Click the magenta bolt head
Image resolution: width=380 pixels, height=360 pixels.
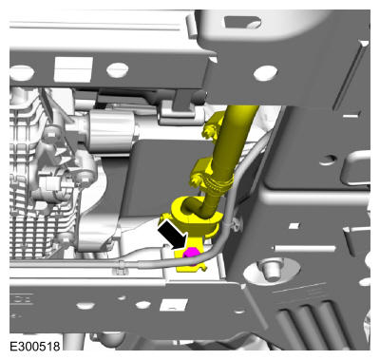190,255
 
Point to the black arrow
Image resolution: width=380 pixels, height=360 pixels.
173,235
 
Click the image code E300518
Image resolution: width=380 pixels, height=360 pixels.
35,346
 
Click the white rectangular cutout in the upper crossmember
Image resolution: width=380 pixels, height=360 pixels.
73,69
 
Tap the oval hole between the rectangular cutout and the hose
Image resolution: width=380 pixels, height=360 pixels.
118,70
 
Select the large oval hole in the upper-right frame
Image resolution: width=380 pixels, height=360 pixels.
265,73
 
